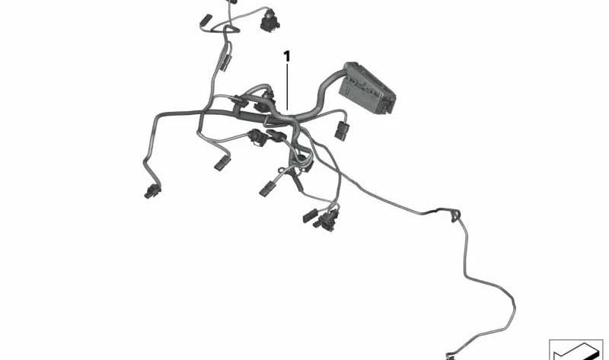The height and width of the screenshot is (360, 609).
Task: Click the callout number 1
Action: coord(287,56)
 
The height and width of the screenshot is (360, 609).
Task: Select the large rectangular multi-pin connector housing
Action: coord(366,88)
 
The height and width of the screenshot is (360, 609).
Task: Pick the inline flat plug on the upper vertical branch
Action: coord(225,62)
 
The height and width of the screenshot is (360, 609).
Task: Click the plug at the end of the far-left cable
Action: coord(152,192)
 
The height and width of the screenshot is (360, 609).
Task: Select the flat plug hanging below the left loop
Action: coord(222,163)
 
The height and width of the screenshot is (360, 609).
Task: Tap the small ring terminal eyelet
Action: coord(281,170)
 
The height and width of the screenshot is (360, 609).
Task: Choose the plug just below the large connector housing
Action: coord(342,130)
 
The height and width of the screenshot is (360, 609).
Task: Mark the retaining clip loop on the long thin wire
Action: coord(455,215)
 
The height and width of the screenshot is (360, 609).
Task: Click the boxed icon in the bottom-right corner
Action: coord(576,349)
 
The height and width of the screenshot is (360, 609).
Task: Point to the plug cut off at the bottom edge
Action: coord(450,356)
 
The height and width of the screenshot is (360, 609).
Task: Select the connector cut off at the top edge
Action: coord(232,2)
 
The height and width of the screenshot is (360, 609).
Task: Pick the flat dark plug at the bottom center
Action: coord(311,215)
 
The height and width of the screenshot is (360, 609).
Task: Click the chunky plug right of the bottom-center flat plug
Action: coord(327,221)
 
